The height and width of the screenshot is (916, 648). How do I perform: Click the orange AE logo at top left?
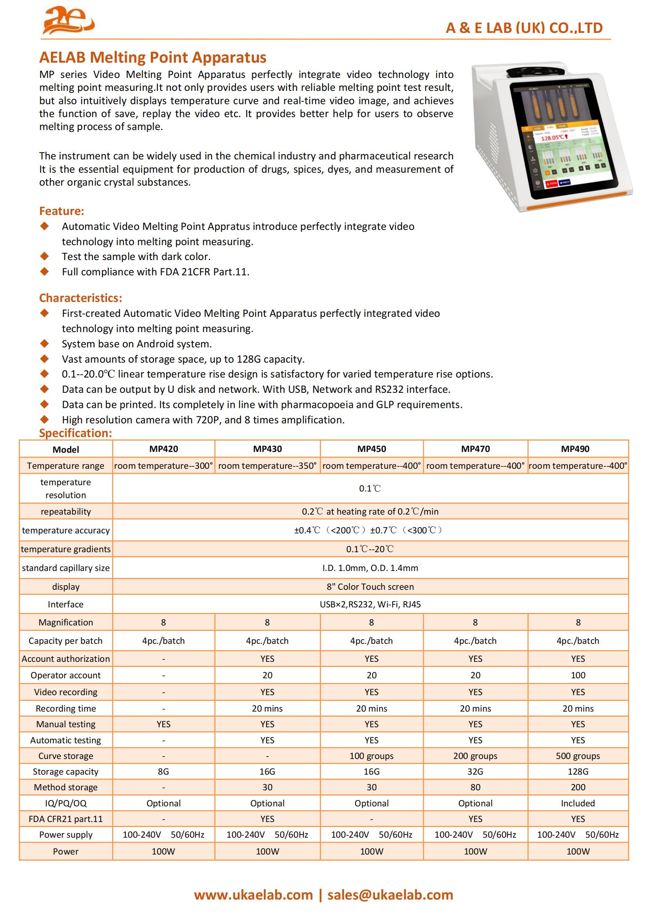tap(68, 21)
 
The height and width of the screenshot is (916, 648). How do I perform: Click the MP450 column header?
tap(371, 449)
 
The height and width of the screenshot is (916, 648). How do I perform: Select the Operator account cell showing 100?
tap(578, 675)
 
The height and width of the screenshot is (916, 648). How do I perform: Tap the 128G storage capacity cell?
tap(578, 771)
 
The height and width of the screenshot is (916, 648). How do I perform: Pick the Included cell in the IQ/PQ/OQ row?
tap(578, 803)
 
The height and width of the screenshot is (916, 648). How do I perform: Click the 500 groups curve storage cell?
tap(578, 755)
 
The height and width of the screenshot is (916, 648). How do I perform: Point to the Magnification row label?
tap(66, 622)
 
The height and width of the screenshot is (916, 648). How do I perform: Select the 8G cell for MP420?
tap(163, 771)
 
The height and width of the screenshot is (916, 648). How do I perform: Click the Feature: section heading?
tap(62, 211)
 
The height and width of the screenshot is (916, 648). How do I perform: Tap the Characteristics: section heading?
tap(81, 298)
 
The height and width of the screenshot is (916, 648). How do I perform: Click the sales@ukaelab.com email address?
tap(390, 895)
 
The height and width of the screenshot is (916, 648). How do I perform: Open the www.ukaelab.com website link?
tap(253, 895)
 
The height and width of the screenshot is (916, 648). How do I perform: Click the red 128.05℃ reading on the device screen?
tap(553, 137)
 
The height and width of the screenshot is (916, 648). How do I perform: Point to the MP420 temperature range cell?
tap(164, 466)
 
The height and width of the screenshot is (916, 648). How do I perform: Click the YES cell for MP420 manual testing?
tap(163, 724)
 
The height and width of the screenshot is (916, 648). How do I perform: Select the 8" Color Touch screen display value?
tap(370, 587)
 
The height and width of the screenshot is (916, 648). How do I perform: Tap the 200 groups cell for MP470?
tap(475, 755)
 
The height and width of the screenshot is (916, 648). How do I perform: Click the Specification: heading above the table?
tap(75, 433)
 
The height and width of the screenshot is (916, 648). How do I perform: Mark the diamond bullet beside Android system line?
tap(44, 343)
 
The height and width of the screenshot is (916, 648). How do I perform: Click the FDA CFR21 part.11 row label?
tap(66, 818)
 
